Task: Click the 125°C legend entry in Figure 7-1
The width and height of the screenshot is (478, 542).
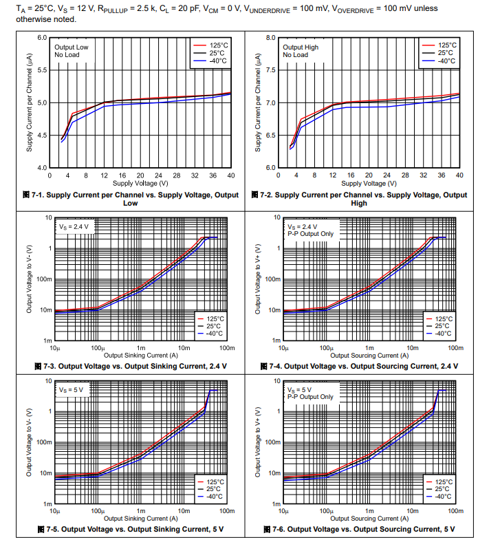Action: (x=217, y=44)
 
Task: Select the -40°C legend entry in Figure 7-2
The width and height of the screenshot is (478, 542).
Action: (x=446, y=61)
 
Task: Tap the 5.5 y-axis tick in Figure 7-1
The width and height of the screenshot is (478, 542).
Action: (x=42, y=70)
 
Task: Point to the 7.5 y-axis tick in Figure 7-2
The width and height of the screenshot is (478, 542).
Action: (x=271, y=70)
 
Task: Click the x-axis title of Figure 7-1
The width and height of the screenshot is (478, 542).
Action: (x=140, y=184)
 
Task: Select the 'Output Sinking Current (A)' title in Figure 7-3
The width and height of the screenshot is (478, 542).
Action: (x=140, y=356)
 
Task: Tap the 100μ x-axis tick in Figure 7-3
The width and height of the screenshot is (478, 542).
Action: (x=97, y=348)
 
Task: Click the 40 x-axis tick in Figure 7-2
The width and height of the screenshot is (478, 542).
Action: (x=459, y=175)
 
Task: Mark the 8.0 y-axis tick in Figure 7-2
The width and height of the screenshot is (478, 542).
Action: (x=271, y=38)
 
